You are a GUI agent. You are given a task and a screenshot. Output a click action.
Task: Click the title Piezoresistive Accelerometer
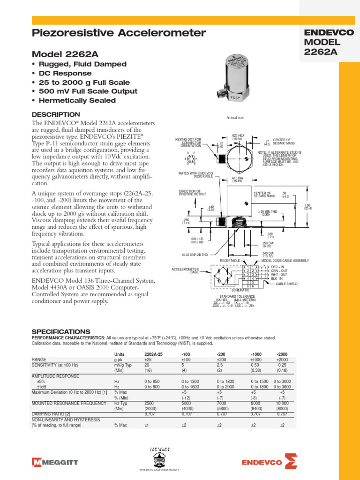pos(118,33)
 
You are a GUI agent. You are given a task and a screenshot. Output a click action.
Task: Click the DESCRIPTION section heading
pos(55,114)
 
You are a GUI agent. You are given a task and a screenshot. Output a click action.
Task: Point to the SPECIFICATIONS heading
pos(60,331)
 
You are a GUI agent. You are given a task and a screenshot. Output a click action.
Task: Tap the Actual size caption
pos(236,118)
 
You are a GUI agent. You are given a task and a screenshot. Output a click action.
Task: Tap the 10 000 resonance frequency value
pos(282,403)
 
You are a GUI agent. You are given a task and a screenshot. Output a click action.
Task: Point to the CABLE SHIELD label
pos(288,284)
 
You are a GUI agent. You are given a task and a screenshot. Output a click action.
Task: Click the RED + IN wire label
pos(280,266)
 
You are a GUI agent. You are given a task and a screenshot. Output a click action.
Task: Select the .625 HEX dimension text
pos(238,137)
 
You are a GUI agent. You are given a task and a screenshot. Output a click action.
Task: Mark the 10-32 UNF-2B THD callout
pos(195,255)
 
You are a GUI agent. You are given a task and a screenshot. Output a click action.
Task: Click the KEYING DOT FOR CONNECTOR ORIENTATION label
pos(188,142)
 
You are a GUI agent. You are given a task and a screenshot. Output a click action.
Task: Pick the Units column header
pos(120,354)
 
